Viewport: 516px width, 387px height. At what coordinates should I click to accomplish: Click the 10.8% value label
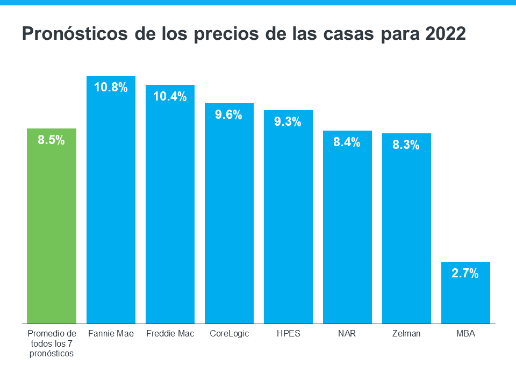(111, 87)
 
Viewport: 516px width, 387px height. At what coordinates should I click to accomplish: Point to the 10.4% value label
(170, 97)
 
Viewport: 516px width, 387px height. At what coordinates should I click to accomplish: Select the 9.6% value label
(228, 114)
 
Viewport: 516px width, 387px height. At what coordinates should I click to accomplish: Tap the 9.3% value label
(288, 122)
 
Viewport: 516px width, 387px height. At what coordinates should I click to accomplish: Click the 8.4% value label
(347, 142)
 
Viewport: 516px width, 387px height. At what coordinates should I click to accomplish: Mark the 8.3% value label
(406, 145)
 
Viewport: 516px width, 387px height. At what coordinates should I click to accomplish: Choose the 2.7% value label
(465, 274)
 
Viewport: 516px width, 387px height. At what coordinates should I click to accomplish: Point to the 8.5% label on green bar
(51, 140)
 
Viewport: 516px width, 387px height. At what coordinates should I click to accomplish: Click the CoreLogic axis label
(230, 334)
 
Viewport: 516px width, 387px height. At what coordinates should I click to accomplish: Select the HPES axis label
(288, 334)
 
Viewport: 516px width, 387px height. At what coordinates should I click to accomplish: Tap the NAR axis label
(347, 334)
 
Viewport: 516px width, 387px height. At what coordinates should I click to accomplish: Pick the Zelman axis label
(406, 334)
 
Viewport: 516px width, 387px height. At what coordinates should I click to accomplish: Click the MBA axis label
(465, 334)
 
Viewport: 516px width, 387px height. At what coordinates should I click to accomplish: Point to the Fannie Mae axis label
(111, 334)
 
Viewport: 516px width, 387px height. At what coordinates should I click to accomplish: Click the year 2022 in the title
(445, 34)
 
